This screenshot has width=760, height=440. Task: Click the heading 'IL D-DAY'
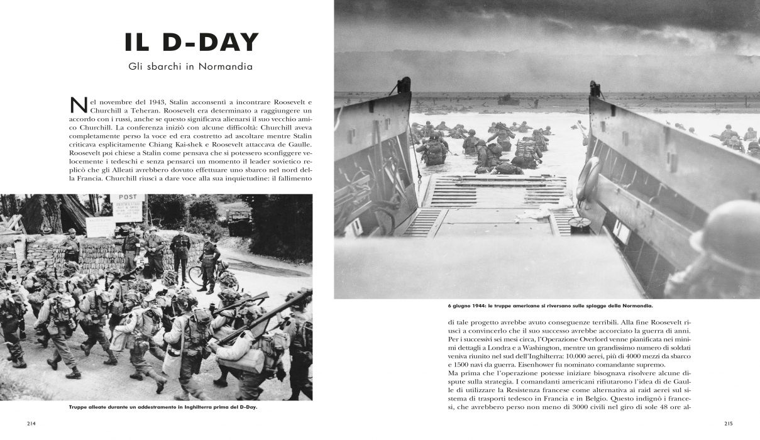[x=191, y=42]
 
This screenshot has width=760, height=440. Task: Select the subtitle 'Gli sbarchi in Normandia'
[x=191, y=66]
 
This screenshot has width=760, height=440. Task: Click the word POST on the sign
[x=128, y=197]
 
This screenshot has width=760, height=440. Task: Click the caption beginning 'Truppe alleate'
[x=163, y=407]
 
